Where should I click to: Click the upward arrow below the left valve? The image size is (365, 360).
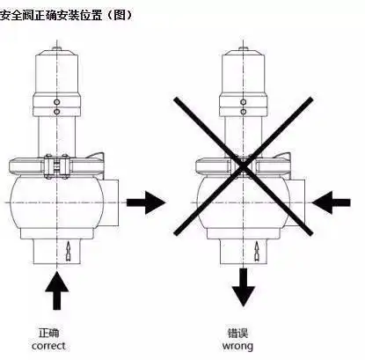[x=57, y=291]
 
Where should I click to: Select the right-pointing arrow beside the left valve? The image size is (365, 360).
[x=145, y=202]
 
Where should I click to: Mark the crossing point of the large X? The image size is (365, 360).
[x=242, y=164]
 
